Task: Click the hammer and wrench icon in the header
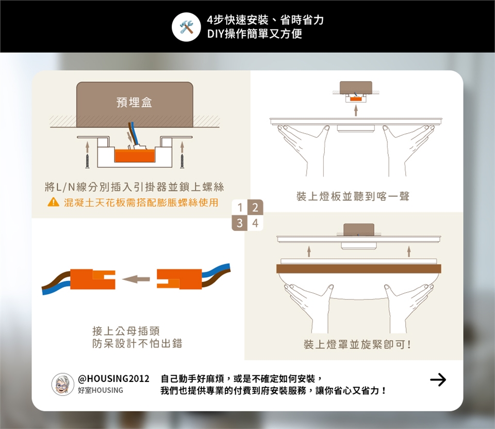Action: tap(186, 27)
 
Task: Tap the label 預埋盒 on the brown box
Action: tap(134, 102)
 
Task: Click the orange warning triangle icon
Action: tap(53, 202)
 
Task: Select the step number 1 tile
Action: tap(240, 207)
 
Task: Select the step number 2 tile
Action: tap(255, 207)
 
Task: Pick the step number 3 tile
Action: tap(240, 223)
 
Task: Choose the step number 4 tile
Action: tap(255, 223)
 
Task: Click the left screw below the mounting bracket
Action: tap(88, 161)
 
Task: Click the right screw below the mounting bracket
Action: tap(182, 161)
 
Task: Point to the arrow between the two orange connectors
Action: tap(136, 279)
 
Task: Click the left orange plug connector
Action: tap(92, 279)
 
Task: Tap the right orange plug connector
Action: tap(179, 279)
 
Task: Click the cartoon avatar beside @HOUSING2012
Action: tap(63, 384)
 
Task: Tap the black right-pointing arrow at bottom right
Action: tap(438, 379)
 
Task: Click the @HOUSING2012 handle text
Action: tap(113, 378)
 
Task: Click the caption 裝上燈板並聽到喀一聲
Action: tap(353, 196)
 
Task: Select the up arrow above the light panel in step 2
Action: tap(356, 110)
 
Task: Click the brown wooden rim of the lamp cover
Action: tap(359, 269)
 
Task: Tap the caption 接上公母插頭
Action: tap(126, 331)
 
